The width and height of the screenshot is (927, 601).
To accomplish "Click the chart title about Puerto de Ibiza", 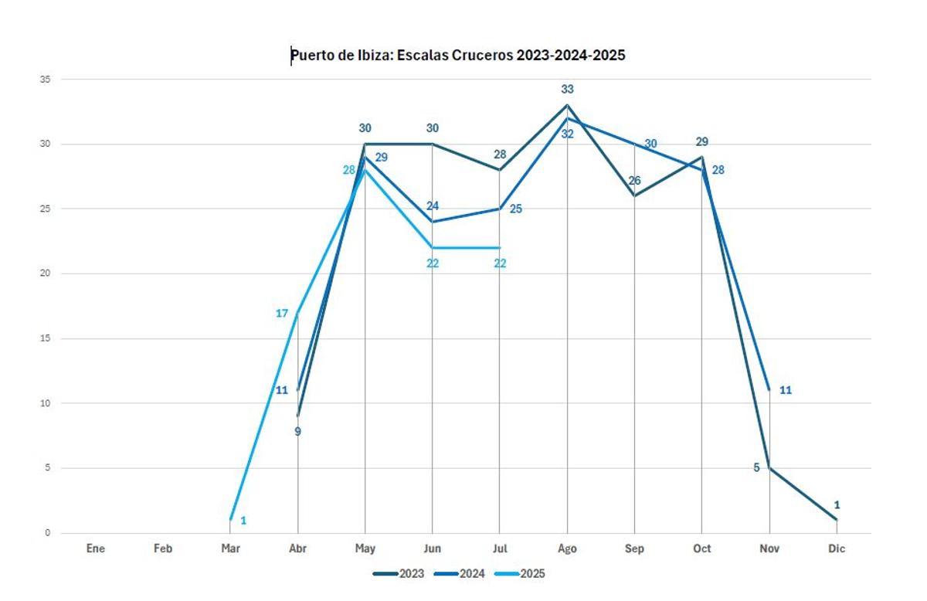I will point(457,56).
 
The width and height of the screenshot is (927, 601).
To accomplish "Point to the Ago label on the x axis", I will point(567,548).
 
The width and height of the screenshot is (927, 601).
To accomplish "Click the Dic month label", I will point(837,548).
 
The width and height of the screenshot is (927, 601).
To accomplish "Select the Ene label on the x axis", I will point(96,548).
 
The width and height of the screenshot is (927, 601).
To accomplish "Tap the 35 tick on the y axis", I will point(45,80).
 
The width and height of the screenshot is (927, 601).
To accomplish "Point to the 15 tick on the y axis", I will point(45,338).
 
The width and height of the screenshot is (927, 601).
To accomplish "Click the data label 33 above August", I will point(567,90).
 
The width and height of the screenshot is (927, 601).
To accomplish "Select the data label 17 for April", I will point(282,314).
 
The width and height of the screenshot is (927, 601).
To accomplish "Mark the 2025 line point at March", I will point(231,519).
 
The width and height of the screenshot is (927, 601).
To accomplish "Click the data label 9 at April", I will point(297,432).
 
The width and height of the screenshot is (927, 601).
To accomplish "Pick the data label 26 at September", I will point(634,181).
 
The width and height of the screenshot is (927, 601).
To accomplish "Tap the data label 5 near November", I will point(756,467).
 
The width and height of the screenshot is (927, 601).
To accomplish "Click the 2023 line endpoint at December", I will point(837,519).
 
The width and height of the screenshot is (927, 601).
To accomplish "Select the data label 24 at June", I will point(433,206).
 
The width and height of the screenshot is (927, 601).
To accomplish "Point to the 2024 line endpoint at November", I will point(769,390).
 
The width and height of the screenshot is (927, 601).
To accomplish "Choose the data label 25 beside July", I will point(516,209).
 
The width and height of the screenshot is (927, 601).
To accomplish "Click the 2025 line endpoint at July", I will point(500,248).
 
